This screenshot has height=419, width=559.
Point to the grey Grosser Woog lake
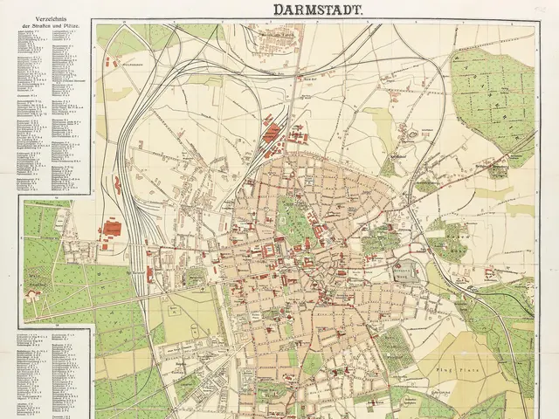407,271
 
